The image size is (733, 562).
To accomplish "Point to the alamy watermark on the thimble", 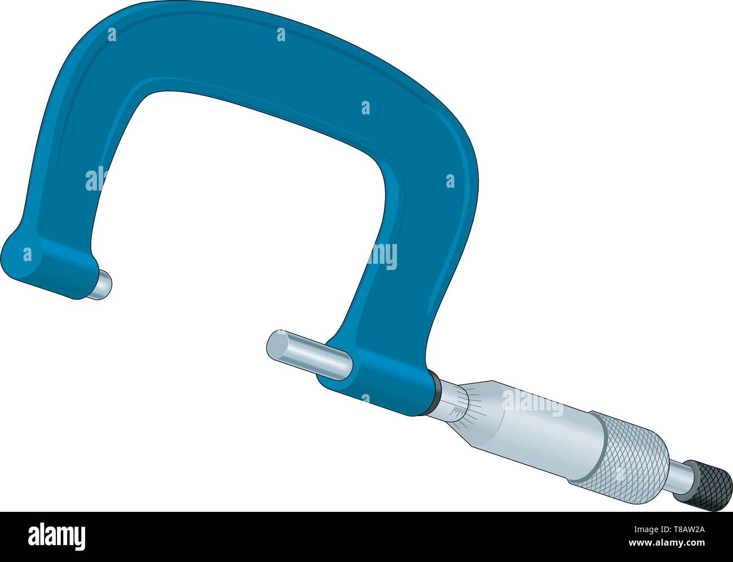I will pos(532,403).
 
